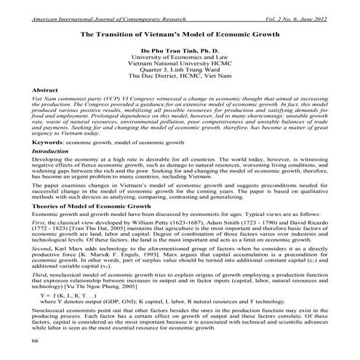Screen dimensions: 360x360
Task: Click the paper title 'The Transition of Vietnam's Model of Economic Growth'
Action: tap(179, 34)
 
